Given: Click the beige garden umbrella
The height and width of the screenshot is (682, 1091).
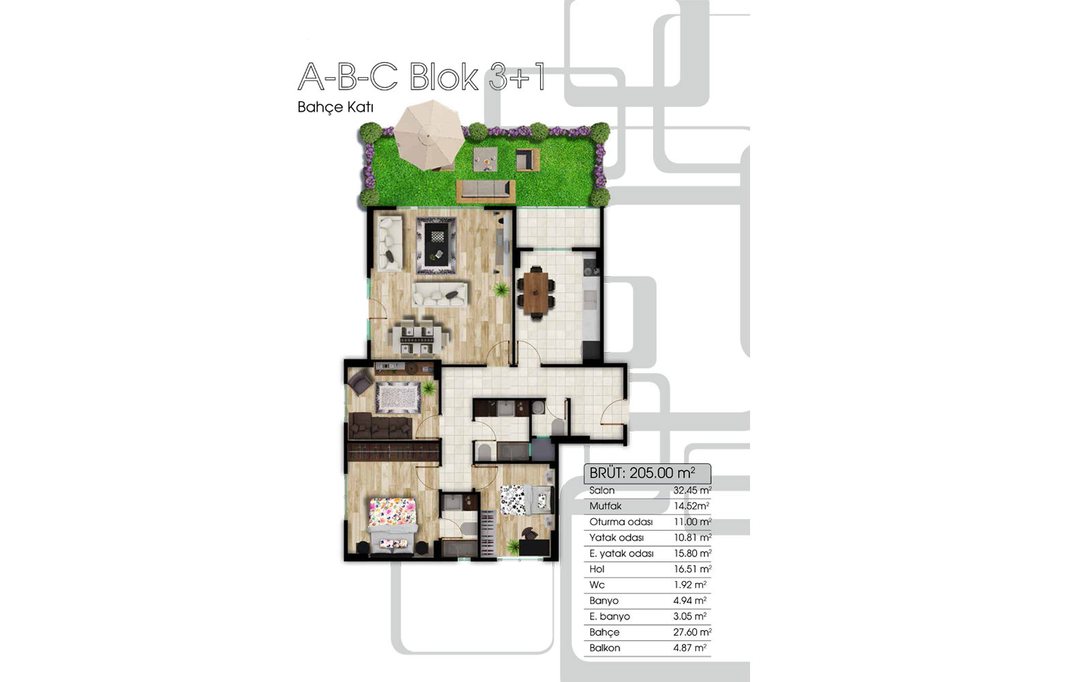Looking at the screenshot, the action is (x=430, y=135).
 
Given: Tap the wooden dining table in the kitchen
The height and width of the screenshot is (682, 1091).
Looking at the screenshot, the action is (x=536, y=293).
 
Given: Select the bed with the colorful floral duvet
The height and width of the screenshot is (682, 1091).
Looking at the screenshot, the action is (x=392, y=525).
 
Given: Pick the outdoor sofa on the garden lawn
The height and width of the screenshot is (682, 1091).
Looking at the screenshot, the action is (x=485, y=190).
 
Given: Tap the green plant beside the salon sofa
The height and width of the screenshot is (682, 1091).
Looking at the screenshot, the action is (x=500, y=291).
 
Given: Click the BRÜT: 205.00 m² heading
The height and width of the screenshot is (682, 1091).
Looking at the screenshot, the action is (x=642, y=473).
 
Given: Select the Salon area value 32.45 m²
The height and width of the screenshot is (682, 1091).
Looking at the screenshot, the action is (x=692, y=490).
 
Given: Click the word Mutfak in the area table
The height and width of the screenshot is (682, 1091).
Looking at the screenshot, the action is (x=606, y=506).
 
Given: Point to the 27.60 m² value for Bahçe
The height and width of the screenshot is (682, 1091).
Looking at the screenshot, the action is (x=692, y=632).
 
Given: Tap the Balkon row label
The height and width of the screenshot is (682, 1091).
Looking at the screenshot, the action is (x=604, y=648).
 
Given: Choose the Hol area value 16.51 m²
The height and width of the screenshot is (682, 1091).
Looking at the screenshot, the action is (x=692, y=569).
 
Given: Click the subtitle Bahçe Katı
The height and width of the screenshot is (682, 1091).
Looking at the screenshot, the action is (x=335, y=107).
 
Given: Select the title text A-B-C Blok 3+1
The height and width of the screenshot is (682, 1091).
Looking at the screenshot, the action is (x=421, y=77).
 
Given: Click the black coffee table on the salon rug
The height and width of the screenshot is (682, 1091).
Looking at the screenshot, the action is (x=436, y=244).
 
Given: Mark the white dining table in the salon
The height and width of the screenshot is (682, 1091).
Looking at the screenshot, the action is (x=418, y=337).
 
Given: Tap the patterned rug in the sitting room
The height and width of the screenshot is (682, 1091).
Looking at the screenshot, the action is (x=398, y=398).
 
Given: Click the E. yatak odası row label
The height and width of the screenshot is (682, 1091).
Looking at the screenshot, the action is (x=621, y=553).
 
